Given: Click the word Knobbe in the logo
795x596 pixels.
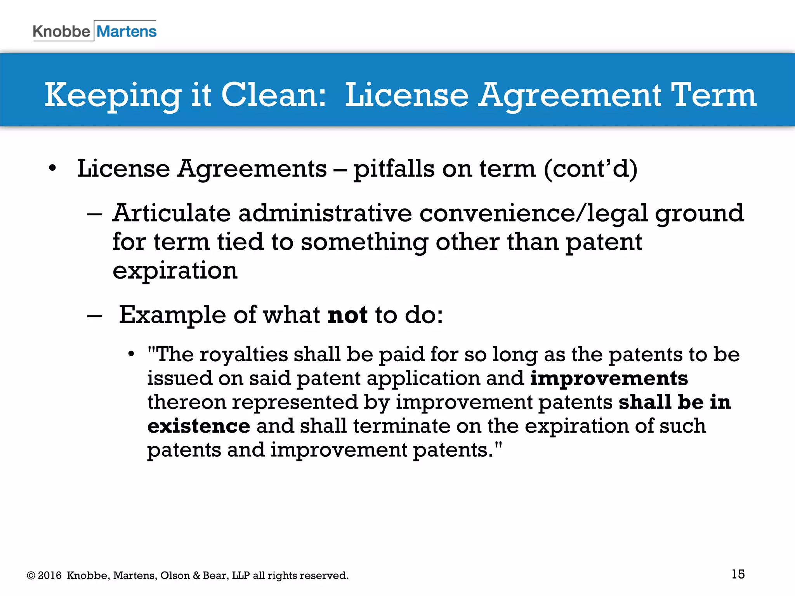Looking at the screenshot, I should (61, 31).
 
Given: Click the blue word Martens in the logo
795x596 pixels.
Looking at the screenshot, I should (127, 31).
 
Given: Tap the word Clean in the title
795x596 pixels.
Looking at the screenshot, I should (273, 95).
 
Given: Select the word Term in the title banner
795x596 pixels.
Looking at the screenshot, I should (713, 95).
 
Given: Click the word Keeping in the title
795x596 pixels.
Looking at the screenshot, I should (113, 96).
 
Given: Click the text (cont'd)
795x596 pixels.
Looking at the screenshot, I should (590, 169).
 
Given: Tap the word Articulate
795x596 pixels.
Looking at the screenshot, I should (172, 213).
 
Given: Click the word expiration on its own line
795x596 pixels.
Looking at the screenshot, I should (175, 270).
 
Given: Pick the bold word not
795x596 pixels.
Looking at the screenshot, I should (347, 315).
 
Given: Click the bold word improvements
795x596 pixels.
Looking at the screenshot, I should (609, 378).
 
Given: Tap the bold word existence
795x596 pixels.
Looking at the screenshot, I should (198, 426).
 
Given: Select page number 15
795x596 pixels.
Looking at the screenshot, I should (738, 574).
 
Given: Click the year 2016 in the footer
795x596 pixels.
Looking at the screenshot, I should (50, 575).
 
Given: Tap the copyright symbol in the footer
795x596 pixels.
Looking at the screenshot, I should (31, 576).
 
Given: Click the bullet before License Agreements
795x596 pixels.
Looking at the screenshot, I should (52, 169).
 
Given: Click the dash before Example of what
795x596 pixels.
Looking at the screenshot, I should (95, 315).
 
